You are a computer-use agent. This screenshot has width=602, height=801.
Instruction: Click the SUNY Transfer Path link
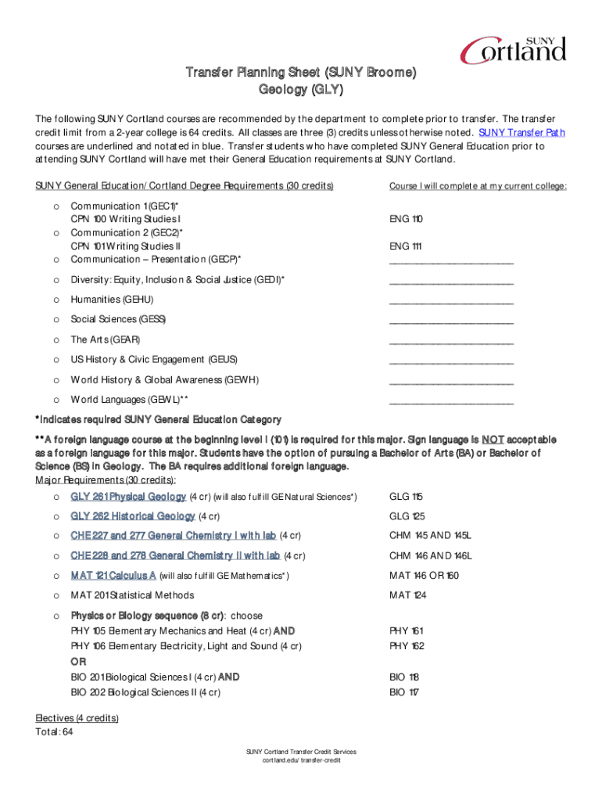point(521,132)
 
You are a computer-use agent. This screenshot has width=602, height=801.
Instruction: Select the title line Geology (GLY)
point(301,90)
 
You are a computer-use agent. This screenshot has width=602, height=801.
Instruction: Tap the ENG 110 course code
point(405,219)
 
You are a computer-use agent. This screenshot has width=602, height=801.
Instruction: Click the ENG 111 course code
point(405,246)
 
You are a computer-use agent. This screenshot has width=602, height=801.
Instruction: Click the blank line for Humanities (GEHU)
point(451,300)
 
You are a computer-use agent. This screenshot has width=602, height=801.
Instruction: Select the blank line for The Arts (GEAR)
point(451,340)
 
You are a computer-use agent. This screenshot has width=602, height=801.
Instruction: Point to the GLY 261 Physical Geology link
point(128,497)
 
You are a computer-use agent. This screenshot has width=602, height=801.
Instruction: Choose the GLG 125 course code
point(407,516)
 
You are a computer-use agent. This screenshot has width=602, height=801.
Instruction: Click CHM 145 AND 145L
point(431,536)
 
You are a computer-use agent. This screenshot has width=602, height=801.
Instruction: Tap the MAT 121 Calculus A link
point(113,576)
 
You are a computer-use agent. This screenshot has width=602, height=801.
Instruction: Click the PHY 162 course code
point(406,646)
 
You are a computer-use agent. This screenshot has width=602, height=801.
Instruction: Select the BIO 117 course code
point(404,692)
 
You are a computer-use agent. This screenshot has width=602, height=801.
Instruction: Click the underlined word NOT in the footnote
point(493,439)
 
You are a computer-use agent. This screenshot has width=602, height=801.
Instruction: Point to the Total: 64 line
point(55,732)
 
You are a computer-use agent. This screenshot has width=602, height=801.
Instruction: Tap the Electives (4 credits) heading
point(77,719)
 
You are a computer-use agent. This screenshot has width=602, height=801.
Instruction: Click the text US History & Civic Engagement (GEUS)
point(154,360)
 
